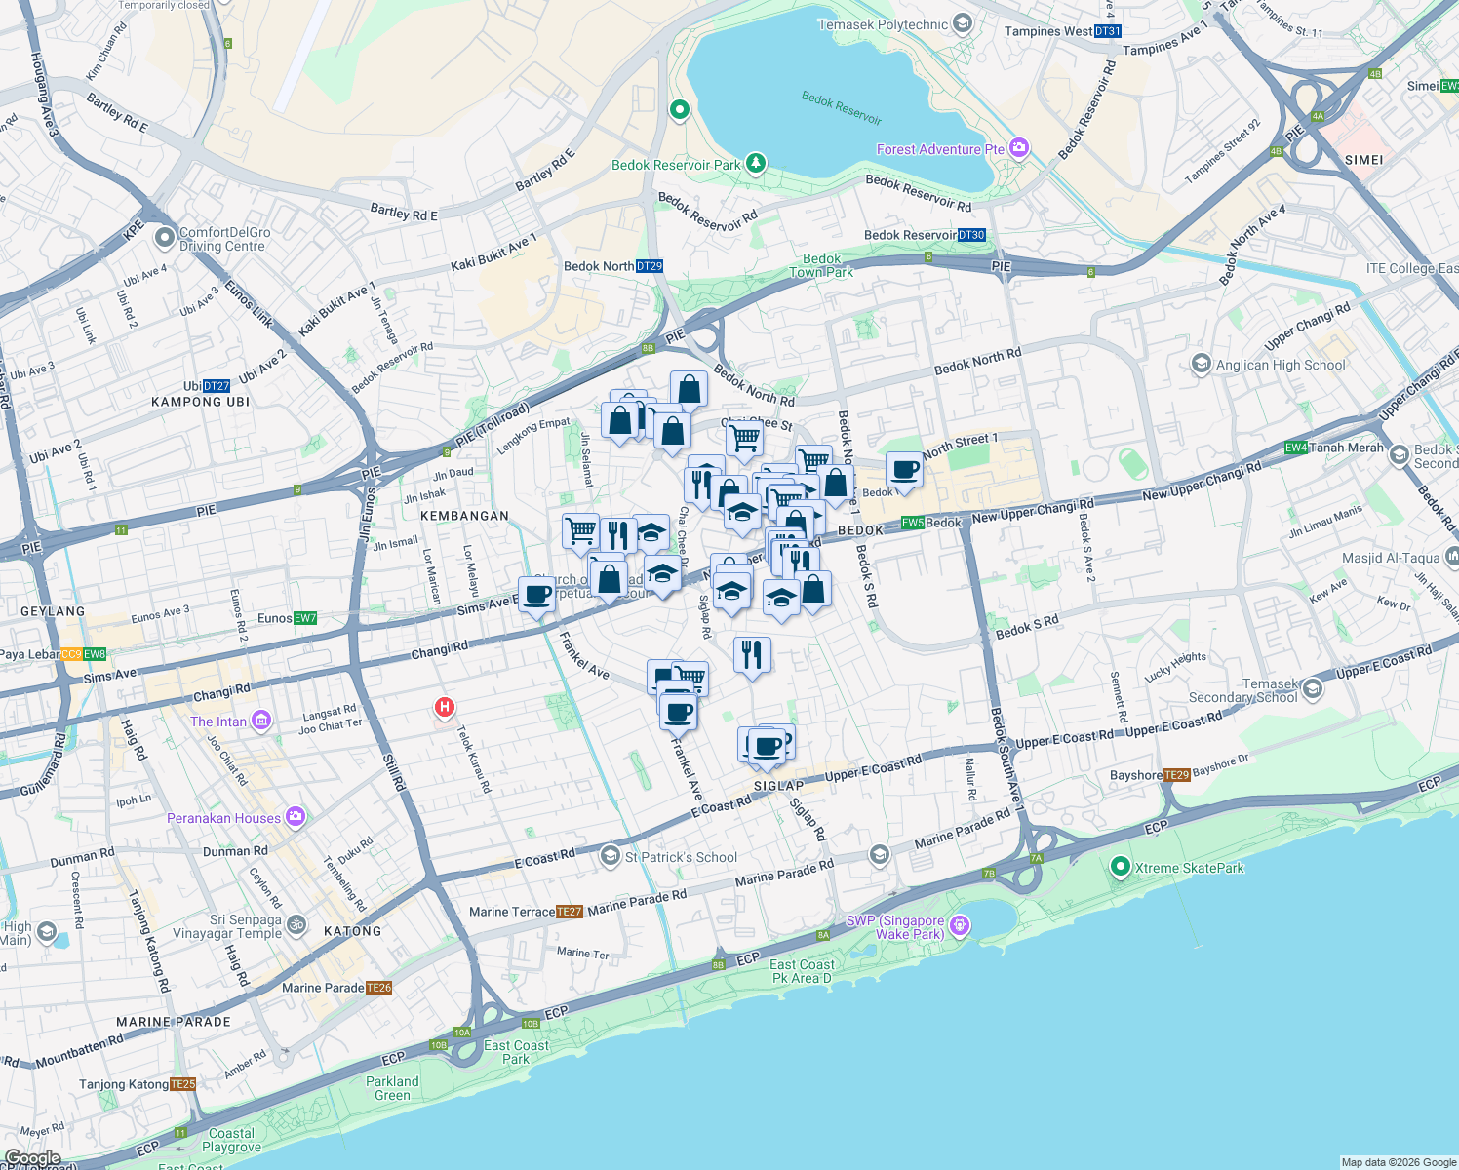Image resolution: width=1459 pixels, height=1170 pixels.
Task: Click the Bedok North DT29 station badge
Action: click(650, 266)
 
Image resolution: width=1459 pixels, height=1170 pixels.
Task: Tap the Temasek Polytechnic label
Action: click(883, 24)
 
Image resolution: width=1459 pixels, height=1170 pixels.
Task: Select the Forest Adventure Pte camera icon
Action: click(1019, 148)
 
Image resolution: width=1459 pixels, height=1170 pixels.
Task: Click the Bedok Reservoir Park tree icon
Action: click(755, 163)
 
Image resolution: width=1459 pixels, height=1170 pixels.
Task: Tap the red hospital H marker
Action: click(445, 707)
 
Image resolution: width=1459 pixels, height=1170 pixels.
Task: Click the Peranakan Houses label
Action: click(223, 818)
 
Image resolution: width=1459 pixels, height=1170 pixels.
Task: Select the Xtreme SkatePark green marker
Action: click(1121, 866)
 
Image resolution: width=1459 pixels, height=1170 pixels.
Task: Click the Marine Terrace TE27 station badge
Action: click(570, 912)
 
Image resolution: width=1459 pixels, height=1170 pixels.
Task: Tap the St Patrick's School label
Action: click(681, 857)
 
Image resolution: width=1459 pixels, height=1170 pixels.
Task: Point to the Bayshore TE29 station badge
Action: click(1177, 775)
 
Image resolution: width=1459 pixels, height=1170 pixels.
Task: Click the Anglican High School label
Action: click(1280, 365)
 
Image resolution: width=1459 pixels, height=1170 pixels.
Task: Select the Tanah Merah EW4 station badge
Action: click(1296, 448)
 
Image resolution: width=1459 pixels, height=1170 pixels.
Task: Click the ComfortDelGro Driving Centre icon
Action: click(164, 235)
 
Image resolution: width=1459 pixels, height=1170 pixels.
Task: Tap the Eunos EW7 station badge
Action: click(305, 618)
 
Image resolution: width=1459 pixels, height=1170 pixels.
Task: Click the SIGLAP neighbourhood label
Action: click(779, 786)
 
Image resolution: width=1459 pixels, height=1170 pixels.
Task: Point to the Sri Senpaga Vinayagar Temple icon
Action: click(296, 924)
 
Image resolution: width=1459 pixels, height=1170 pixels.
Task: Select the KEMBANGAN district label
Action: click(464, 516)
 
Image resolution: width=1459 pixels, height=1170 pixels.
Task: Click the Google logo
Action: click(33, 1158)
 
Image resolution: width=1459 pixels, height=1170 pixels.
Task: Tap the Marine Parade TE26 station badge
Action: click(379, 988)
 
